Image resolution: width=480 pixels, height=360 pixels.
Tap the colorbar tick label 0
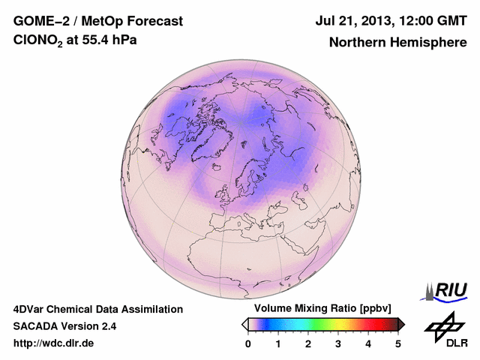tap(248, 343)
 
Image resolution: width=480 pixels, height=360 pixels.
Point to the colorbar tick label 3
tap(338, 343)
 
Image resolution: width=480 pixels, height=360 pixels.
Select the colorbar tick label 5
tap(398, 343)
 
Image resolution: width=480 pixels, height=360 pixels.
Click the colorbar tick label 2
tap(308, 343)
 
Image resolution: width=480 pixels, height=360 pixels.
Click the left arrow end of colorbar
tap(244, 324)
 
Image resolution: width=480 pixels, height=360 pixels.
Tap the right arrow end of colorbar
tap(402, 324)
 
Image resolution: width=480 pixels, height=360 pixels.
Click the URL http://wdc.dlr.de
tap(54, 343)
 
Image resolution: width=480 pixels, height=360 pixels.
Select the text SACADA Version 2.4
tap(64, 326)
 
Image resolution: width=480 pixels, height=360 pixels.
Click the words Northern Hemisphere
tap(397, 42)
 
